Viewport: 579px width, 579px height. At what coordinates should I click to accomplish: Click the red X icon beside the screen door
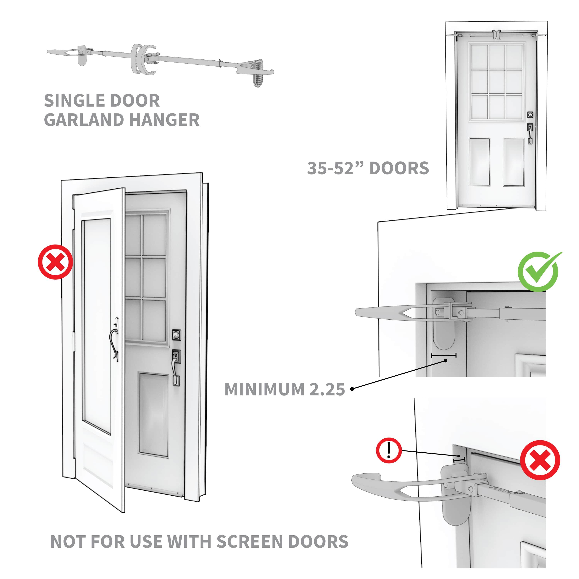point(55,262)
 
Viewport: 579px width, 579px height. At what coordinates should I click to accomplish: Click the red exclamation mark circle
point(389,450)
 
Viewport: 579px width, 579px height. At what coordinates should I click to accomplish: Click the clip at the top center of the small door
point(496,35)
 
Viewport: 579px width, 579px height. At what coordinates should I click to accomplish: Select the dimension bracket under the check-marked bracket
point(444,356)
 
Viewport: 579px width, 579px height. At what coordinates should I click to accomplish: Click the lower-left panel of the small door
point(479,162)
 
